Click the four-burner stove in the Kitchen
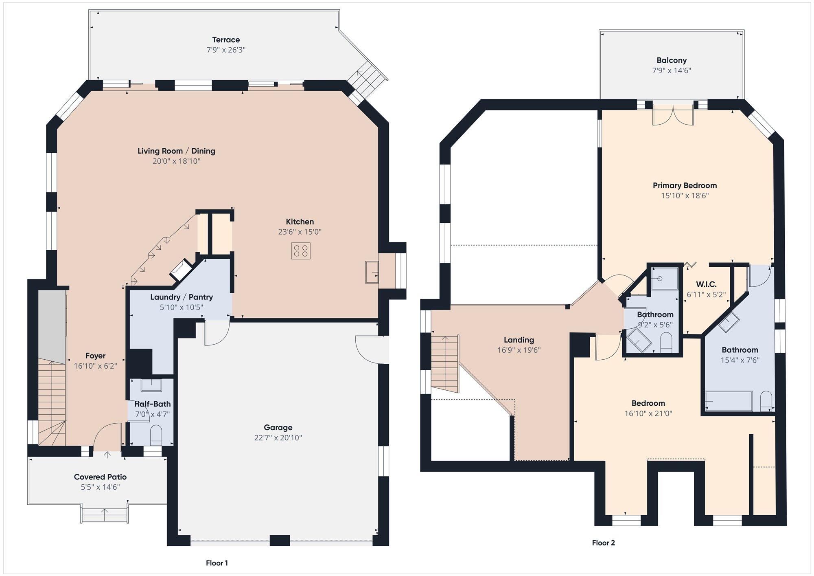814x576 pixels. click(x=301, y=251)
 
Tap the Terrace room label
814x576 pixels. click(x=226, y=40)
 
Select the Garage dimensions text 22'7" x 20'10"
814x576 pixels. click(x=278, y=438)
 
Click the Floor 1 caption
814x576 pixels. click(x=217, y=563)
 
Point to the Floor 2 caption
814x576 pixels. click(x=603, y=543)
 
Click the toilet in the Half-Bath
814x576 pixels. click(x=156, y=435)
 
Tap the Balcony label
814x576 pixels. click(x=672, y=60)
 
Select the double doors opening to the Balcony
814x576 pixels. click(x=673, y=115)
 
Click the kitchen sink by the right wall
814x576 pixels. click(x=372, y=272)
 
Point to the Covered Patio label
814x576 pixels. click(x=100, y=477)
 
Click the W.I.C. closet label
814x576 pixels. click(x=706, y=284)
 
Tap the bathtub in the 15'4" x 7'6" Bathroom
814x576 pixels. click(x=729, y=401)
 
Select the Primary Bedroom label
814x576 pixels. click(x=685, y=186)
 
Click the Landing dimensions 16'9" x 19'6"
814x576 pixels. click(x=519, y=350)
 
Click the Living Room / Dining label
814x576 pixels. click(x=176, y=151)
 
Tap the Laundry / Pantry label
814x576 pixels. click(x=182, y=297)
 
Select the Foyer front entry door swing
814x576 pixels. click(x=107, y=436)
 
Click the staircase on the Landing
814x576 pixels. click(x=445, y=363)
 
